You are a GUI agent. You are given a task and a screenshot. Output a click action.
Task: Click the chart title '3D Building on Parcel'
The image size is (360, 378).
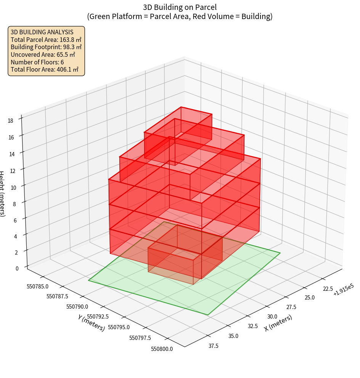pos(180,7)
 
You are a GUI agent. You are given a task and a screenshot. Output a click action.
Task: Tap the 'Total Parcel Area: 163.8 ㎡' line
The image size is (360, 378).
pos(46,40)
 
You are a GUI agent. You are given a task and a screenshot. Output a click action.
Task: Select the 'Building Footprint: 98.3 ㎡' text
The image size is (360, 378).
pos(46,47)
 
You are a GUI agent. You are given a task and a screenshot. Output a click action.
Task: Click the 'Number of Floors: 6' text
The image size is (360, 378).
pos(37,62)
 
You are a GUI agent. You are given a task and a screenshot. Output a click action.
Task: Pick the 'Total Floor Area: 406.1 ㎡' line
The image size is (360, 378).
pos(44,70)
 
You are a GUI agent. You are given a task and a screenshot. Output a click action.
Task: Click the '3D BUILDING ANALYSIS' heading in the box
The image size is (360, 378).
pos(42,32)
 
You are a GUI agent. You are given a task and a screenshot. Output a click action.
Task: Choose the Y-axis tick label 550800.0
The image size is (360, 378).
pos(162,349)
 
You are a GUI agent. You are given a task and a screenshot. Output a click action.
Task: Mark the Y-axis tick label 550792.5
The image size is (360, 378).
pos(98,316)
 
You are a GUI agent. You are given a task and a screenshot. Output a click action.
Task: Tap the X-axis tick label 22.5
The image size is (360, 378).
pos(328,288)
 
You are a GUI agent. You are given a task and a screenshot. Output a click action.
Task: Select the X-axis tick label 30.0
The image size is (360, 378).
pos(272,316)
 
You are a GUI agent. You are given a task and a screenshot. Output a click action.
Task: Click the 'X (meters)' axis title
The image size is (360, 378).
pos(278,323)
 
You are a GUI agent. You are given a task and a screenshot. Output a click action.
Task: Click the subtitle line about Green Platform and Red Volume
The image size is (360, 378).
pos(180,16)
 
